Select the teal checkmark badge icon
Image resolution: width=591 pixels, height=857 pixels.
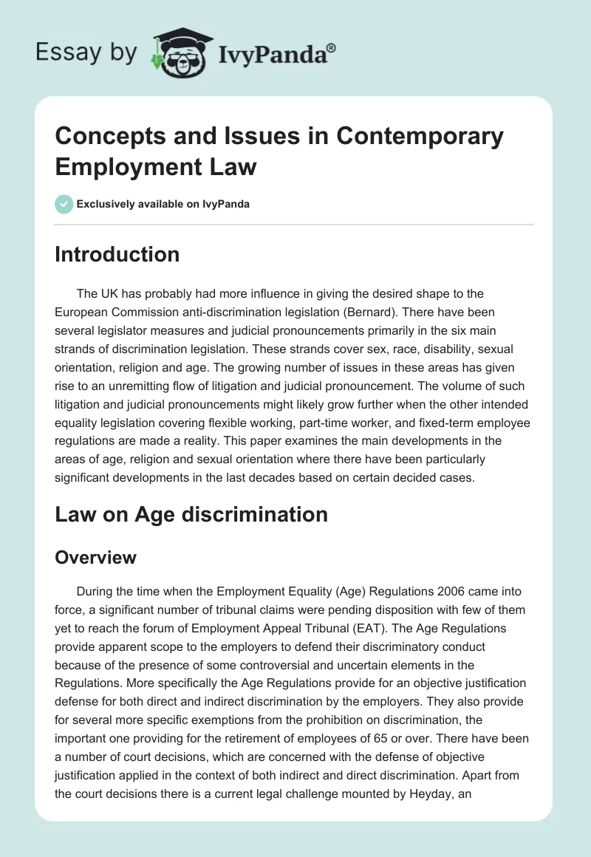(64, 204)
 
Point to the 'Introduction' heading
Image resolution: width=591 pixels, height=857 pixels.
(117, 254)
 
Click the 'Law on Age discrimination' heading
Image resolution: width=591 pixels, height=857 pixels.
(191, 514)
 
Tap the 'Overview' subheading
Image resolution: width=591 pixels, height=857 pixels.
(96, 557)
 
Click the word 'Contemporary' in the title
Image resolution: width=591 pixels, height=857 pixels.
(422, 137)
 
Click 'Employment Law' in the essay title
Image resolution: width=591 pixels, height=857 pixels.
(156, 166)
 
